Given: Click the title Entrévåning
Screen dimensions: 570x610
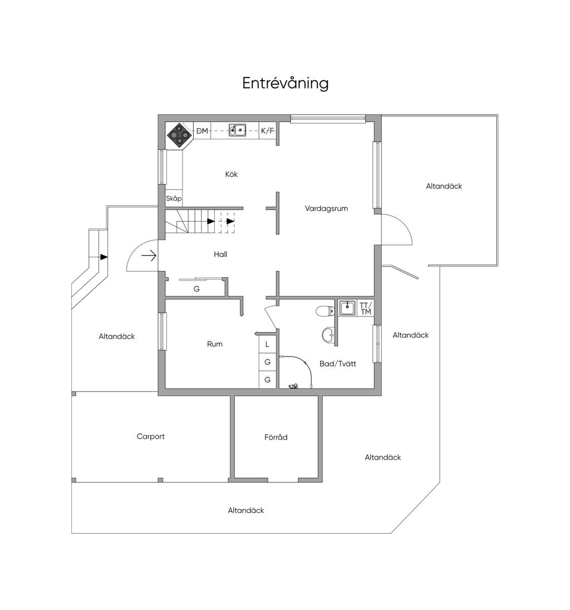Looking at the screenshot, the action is [286, 83].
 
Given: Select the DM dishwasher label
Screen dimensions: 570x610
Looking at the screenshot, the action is [202, 131].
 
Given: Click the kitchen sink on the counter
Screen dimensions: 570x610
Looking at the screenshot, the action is [237, 130].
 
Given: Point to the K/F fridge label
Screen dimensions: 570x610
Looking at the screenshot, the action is [268, 131].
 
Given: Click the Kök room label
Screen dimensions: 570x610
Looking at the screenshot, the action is [232, 174].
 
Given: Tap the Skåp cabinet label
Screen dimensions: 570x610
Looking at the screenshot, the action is [174, 198].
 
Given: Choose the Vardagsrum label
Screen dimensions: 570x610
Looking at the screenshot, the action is [326, 208].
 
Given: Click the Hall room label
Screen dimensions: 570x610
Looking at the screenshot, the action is [220, 255].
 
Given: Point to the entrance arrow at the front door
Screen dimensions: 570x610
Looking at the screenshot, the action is [149, 256].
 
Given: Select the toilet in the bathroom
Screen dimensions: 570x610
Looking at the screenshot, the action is [325, 311].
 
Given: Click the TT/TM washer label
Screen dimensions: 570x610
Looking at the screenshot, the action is [366, 309].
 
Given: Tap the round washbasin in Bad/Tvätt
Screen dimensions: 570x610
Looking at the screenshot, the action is [328, 334].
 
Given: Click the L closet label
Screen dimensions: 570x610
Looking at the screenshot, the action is [267, 345].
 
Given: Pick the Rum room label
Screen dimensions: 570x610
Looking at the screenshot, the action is [215, 344].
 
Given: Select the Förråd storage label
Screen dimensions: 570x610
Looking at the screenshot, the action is [276, 437].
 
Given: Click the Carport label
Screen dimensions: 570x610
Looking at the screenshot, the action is [150, 437].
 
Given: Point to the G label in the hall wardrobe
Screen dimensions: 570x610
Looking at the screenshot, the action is [196, 289].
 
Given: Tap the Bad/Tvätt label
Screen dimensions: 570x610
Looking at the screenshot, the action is [338, 364].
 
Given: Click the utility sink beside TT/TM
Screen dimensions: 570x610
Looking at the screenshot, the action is [347, 308].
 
